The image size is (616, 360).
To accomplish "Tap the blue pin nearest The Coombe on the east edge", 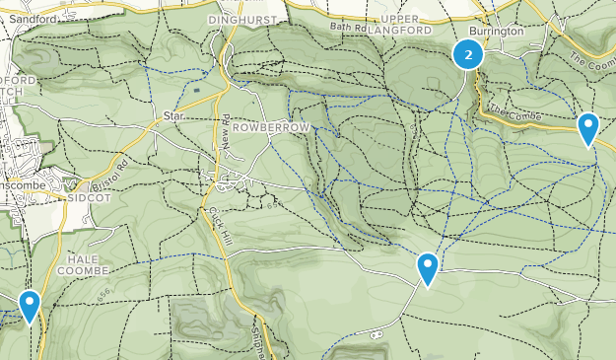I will point(588,127).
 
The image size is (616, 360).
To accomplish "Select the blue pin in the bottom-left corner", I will point(31,305).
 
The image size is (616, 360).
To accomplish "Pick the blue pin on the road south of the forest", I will point(428,268).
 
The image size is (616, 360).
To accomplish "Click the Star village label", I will point(174,116).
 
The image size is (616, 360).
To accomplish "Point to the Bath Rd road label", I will point(348,28).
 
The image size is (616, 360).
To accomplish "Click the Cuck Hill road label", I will point(218,227).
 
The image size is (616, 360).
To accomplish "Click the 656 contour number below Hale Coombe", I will point(105,294).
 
